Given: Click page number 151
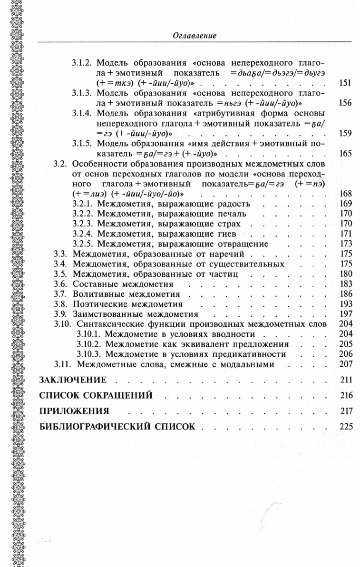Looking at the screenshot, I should pos(345,83).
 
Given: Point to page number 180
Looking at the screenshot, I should pos(345,274).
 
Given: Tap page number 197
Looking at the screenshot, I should pos(345,314).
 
